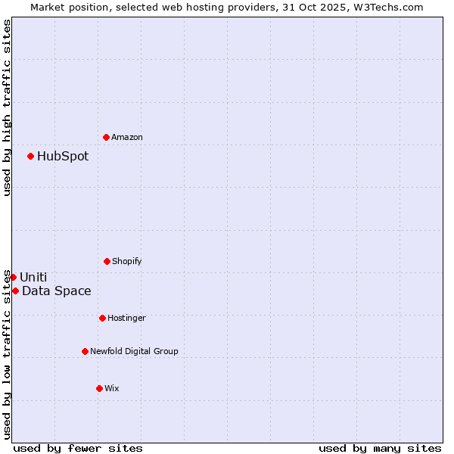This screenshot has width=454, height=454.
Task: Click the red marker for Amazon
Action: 106,137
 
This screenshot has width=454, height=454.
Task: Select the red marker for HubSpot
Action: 30,156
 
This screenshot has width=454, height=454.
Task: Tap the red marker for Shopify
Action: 107,261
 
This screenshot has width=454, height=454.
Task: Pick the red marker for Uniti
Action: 13,277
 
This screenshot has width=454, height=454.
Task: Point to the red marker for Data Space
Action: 15,291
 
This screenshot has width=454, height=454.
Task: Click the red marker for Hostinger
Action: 102,318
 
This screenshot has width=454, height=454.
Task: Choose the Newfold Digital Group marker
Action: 85,351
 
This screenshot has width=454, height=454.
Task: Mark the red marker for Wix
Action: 99,388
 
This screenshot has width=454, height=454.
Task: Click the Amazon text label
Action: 127,137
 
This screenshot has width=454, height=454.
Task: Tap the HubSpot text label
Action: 63,157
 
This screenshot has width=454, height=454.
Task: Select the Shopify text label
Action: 127,261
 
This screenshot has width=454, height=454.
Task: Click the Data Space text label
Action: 57,291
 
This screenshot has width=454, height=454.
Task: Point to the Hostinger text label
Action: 126,318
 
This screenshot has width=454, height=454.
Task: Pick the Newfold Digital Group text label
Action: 134,351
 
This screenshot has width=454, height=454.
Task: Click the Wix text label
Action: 112,388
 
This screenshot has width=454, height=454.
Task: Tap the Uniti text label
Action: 33,278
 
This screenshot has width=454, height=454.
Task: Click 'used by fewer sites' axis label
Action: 78,448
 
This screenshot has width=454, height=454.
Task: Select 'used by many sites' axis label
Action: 380,448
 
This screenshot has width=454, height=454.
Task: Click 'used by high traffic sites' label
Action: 7,107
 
